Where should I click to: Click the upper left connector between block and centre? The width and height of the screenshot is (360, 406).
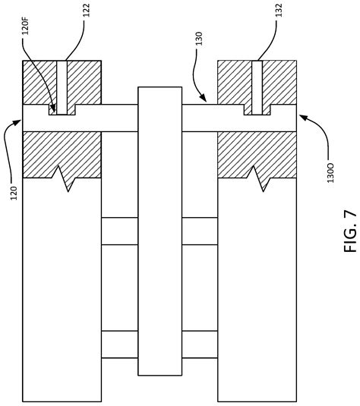pyautogui.click(x=119, y=231)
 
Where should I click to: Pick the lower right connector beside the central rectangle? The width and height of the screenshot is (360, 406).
pyautogui.click(x=200, y=344)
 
